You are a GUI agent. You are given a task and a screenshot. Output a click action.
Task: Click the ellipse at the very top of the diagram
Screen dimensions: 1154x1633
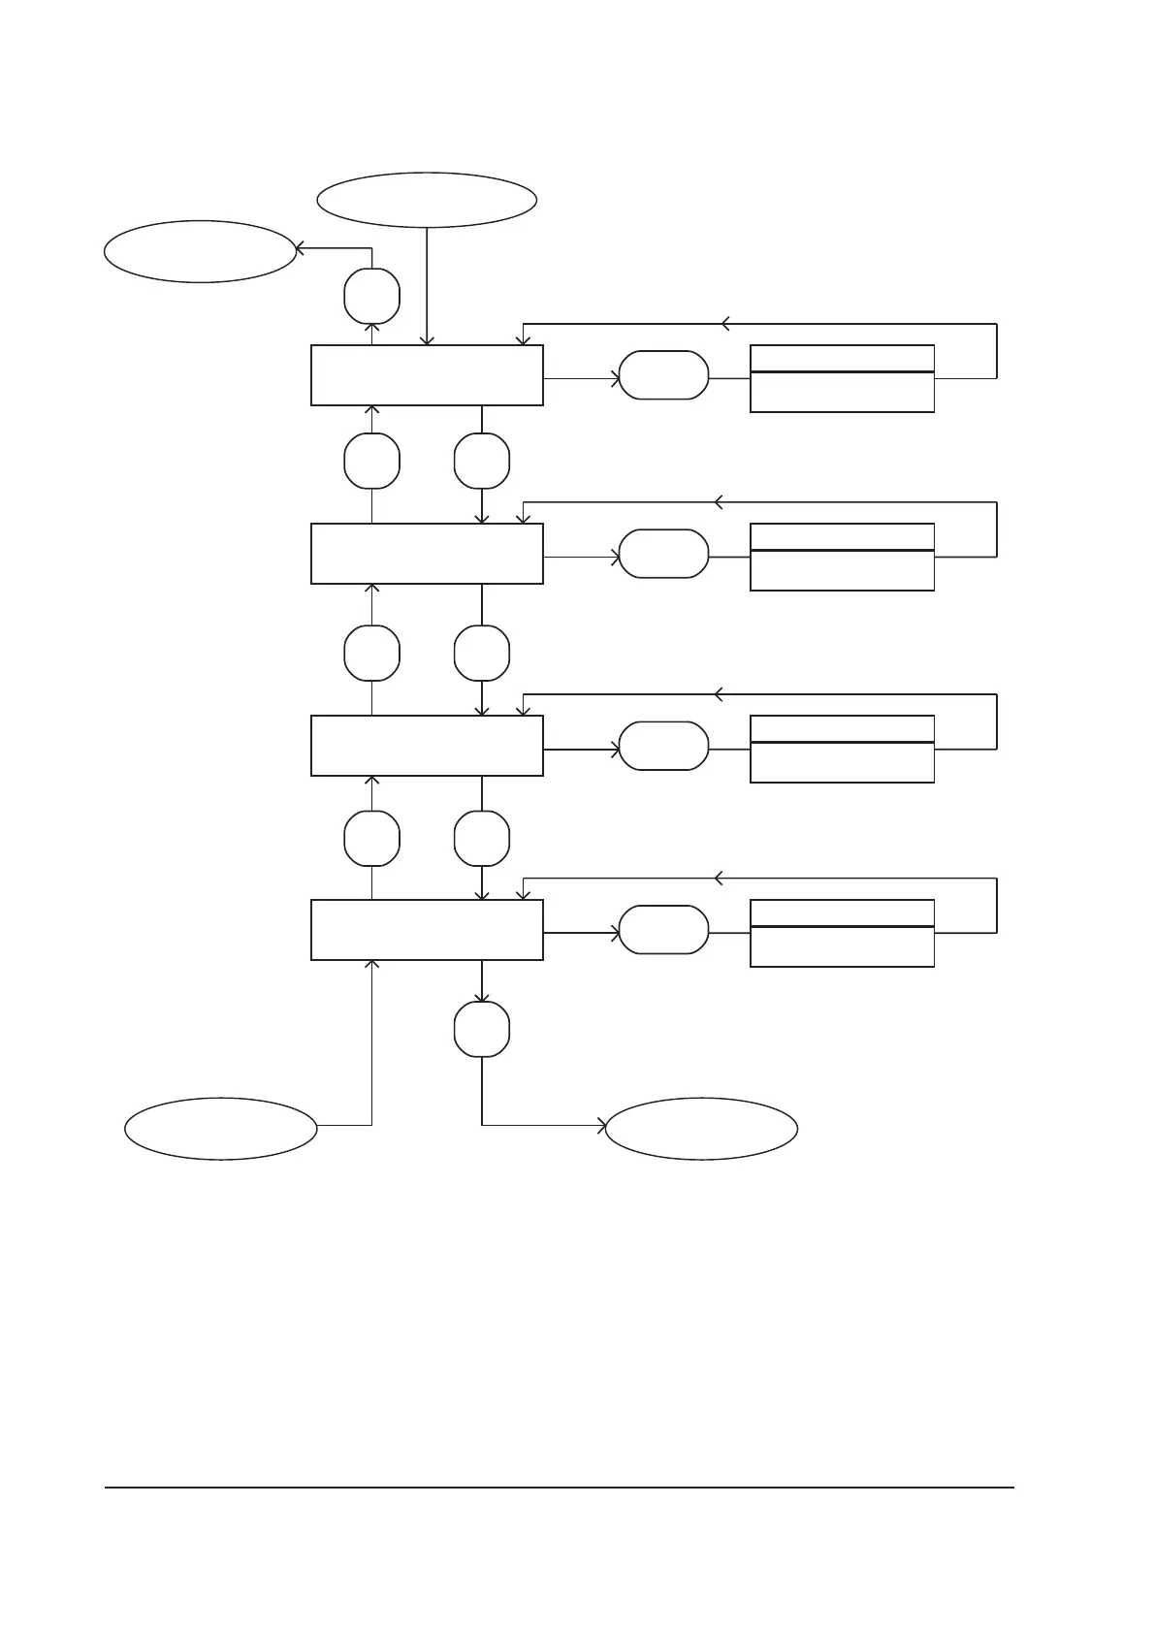click(427, 200)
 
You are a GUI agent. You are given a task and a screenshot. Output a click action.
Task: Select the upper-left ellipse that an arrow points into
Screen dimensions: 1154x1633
click(200, 251)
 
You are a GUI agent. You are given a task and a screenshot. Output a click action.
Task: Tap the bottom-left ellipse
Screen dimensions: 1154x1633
click(221, 1129)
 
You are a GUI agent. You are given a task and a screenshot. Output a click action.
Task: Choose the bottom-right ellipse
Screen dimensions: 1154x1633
click(701, 1129)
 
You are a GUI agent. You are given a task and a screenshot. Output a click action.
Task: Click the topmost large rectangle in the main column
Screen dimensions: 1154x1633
click(427, 375)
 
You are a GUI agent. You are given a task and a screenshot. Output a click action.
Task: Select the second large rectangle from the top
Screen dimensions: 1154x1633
click(427, 554)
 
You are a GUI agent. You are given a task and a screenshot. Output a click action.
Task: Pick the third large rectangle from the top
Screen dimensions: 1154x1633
click(427, 746)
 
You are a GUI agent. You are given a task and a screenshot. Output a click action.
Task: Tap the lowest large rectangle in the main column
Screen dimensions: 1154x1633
click(427, 930)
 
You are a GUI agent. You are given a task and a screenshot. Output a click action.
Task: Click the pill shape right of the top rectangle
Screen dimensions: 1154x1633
click(663, 375)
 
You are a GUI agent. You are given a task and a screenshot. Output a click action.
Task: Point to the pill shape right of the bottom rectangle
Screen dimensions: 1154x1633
click(663, 930)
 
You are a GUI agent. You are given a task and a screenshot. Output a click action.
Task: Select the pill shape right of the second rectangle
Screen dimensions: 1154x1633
click(663, 554)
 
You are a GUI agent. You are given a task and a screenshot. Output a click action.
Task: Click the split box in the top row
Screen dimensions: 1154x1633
click(842, 378)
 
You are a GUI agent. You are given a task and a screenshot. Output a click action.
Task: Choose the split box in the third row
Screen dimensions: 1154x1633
click(842, 749)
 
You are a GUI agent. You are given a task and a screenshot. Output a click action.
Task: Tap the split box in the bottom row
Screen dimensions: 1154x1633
click(842, 933)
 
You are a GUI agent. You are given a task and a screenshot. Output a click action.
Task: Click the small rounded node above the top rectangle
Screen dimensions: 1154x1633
click(372, 296)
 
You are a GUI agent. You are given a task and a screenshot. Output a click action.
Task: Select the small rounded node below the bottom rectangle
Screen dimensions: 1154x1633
click(482, 1029)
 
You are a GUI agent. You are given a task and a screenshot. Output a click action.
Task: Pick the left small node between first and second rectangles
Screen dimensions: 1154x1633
click(372, 462)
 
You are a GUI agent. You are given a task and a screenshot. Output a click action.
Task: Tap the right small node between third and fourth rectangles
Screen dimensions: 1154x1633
click(482, 838)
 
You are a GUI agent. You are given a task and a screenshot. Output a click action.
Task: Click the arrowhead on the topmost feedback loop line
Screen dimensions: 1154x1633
click(724, 323)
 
